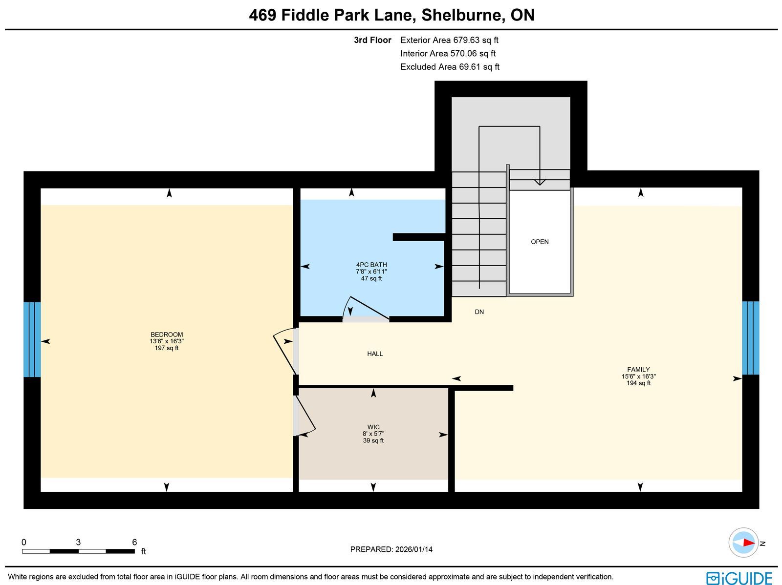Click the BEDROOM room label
click(166, 334)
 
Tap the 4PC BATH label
click(371, 265)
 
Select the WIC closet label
click(373, 427)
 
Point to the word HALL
click(375, 354)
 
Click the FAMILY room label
click(638, 370)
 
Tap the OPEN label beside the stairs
click(540, 242)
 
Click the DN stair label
click(479, 312)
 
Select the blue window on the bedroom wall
click(32, 339)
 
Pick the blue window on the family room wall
click(751, 338)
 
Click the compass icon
click(743, 543)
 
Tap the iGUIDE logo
click(739, 578)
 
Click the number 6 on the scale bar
click(134, 542)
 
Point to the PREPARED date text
click(391, 549)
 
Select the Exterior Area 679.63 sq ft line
click(449, 40)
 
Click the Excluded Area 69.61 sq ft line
click(450, 67)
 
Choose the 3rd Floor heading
click(372, 40)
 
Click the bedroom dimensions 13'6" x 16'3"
click(166, 341)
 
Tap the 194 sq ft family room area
click(638, 383)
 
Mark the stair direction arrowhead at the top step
click(540, 182)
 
